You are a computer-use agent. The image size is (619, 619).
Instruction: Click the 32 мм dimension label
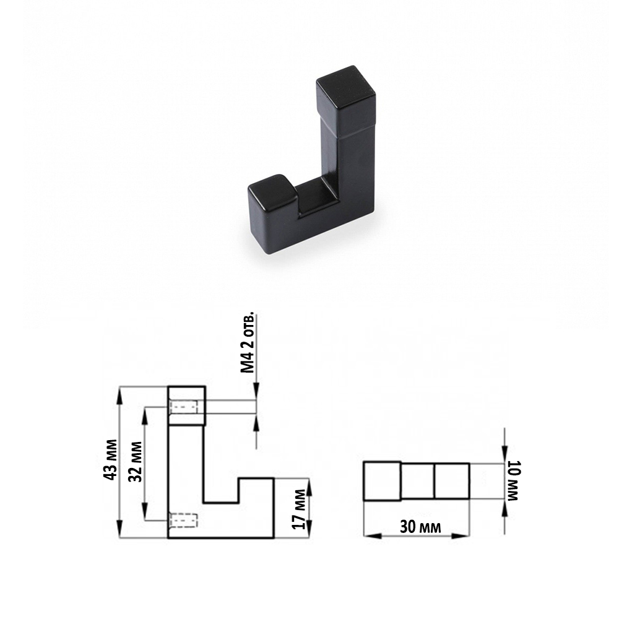pos(136,462)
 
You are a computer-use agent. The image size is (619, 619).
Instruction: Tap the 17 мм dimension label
pos(299,509)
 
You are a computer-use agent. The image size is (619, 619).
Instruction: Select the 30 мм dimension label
pos(420,527)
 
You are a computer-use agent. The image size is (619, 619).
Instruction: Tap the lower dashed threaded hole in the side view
pos(184,521)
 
